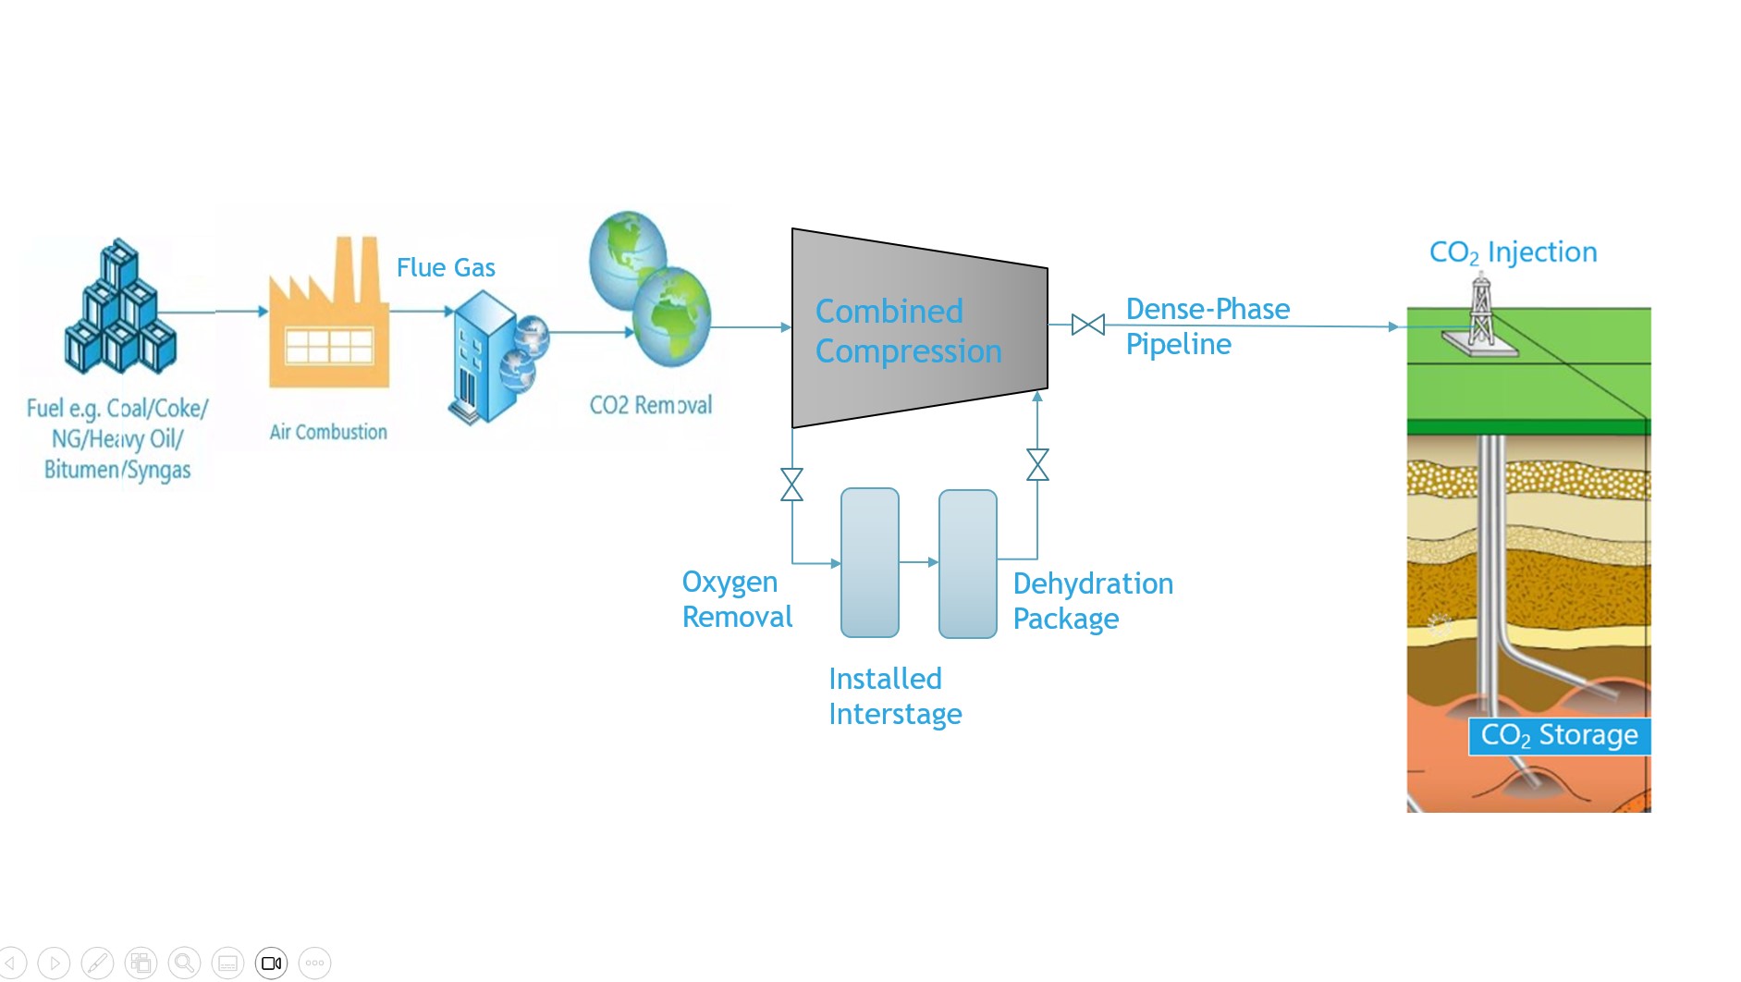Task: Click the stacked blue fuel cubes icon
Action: (x=120, y=308)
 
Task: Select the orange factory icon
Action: (x=328, y=319)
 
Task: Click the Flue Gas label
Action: (x=446, y=268)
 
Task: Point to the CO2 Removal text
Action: (x=651, y=405)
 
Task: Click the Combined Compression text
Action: (x=908, y=331)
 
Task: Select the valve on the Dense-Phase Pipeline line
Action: (x=1087, y=325)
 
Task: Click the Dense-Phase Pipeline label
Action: (x=1207, y=326)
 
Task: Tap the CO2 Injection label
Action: (x=1513, y=252)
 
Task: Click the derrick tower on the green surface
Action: (x=1481, y=314)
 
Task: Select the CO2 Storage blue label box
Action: (x=1559, y=736)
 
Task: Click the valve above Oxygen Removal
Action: (x=791, y=485)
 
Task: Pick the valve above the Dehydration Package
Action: (x=1037, y=465)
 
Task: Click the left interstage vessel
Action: (x=869, y=563)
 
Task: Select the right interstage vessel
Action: (x=967, y=564)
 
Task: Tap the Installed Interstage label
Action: (x=894, y=696)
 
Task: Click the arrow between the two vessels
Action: (x=919, y=561)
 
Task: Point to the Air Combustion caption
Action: (x=328, y=432)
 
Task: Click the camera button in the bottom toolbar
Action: (x=272, y=964)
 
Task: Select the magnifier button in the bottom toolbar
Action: (x=184, y=964)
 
